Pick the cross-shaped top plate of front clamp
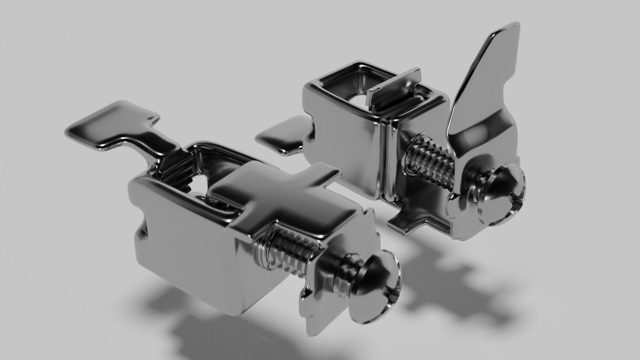pos(277,203)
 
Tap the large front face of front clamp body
pos(187,253)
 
